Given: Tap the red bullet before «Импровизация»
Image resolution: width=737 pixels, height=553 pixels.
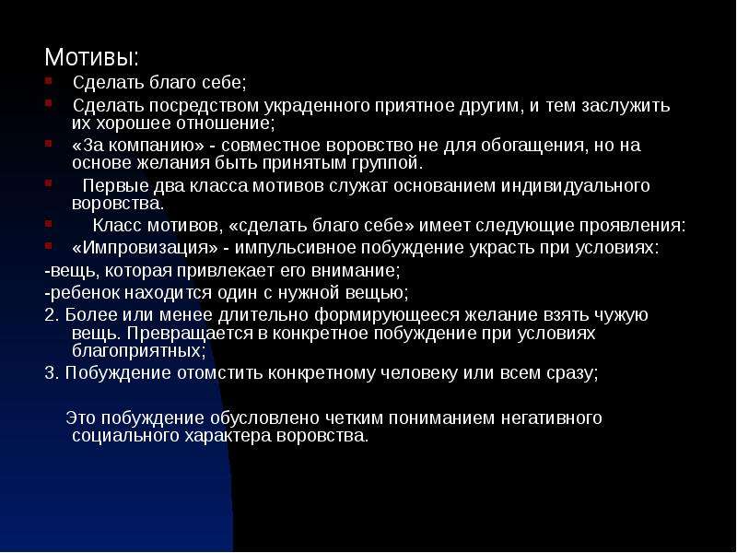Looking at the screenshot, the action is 49,245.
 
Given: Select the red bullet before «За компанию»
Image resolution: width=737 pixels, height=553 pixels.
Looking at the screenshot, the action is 49,143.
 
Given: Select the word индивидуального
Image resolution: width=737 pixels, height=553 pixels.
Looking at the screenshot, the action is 575,186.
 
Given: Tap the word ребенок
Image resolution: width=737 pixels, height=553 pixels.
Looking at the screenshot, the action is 84,293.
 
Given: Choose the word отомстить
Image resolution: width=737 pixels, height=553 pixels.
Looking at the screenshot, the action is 219,374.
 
